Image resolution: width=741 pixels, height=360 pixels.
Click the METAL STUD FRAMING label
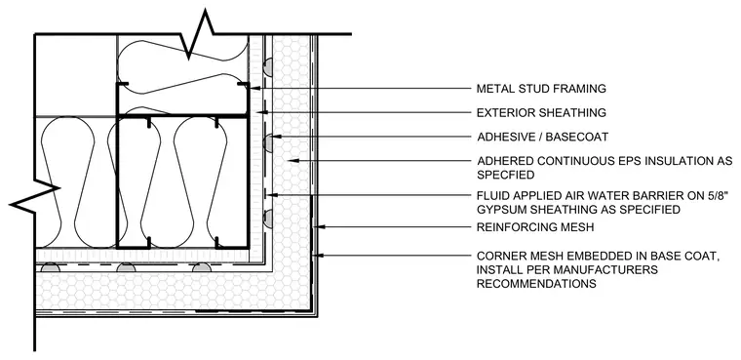[x=541, y=89]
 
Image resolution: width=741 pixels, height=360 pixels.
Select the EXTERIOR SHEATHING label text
[x=541, y=112]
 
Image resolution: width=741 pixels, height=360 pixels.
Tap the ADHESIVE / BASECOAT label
[x=542, y=137]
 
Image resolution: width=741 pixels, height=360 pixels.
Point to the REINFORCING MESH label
[x=535, y=227]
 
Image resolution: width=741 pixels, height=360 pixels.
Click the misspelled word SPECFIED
[x=505, y=175]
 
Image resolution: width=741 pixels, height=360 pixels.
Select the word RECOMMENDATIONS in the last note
[x=536, y=284]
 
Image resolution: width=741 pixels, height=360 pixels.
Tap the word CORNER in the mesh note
[x=497, y=257]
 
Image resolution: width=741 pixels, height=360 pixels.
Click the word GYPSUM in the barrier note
[x=497, y=209]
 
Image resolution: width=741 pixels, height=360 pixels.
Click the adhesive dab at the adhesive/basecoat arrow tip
[x=267, y=142]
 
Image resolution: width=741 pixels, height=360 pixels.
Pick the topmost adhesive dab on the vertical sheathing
[x=267, y=66]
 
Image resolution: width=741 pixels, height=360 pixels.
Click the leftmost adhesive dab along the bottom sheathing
[x=51, y=267]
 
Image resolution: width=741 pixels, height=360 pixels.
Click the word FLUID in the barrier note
[x=490, y=195]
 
